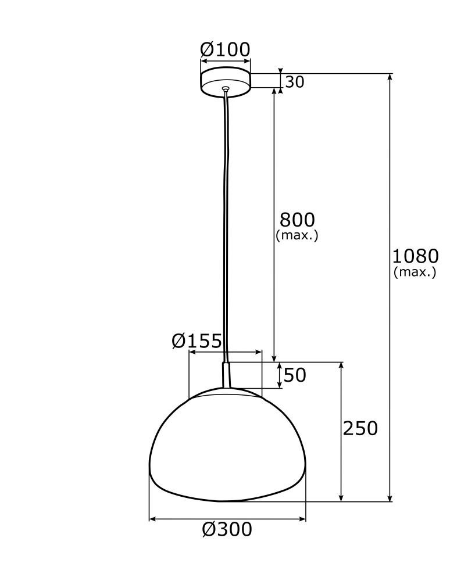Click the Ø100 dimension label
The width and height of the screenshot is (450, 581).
225,50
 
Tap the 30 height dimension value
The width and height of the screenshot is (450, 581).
295,83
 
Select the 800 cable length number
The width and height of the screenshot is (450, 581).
297,220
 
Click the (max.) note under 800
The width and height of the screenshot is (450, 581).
297,235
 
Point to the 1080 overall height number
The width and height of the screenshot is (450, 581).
415,256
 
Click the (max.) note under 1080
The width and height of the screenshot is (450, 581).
415,272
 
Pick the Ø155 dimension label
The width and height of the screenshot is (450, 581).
197,341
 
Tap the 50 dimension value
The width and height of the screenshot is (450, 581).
295,375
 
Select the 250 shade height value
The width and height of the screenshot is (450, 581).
360,429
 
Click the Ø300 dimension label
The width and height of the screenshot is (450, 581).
227,529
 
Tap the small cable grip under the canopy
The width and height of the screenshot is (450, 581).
226,89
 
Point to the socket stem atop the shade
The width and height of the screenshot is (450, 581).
226,375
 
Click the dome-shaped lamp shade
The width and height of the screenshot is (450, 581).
227,447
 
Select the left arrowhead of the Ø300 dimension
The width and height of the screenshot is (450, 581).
152,518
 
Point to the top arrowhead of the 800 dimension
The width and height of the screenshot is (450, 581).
274,92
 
